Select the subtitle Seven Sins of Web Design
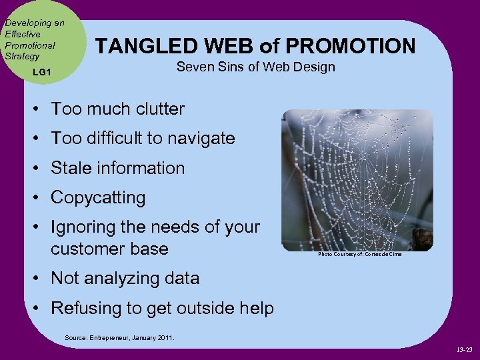click(x=255, y=67)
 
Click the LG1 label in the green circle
click(x=40, y=71)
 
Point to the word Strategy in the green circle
click(x=23, y=56)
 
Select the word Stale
click(x=71, y=168)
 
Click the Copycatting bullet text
click(x=98, y=198)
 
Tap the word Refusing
click(x=85, y=308)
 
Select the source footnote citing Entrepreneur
click(x=119, y=338)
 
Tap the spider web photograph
click(x=357, y=180)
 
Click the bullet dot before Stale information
click(x=39, y=169)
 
